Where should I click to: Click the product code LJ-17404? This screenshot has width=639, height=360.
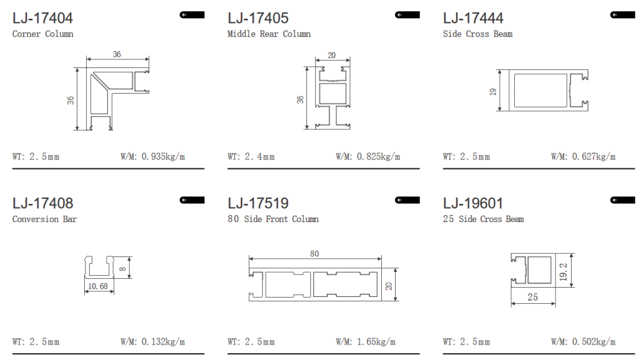point(42,18)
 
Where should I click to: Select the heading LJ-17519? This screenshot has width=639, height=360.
point(258,203)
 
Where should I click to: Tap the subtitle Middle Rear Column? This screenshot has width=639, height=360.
point(269,34)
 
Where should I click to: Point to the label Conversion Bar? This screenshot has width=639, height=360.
point(44,219)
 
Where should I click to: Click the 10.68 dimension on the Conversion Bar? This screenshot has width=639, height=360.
point(98,286)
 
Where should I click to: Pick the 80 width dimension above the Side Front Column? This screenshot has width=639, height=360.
point(315,254)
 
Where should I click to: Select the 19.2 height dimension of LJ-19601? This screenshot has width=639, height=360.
point(563,271)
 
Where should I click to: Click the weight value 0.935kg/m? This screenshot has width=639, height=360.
point(163,157)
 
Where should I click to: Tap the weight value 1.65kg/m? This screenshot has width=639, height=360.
point(376,342)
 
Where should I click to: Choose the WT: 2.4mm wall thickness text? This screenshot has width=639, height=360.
point(251,157)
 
